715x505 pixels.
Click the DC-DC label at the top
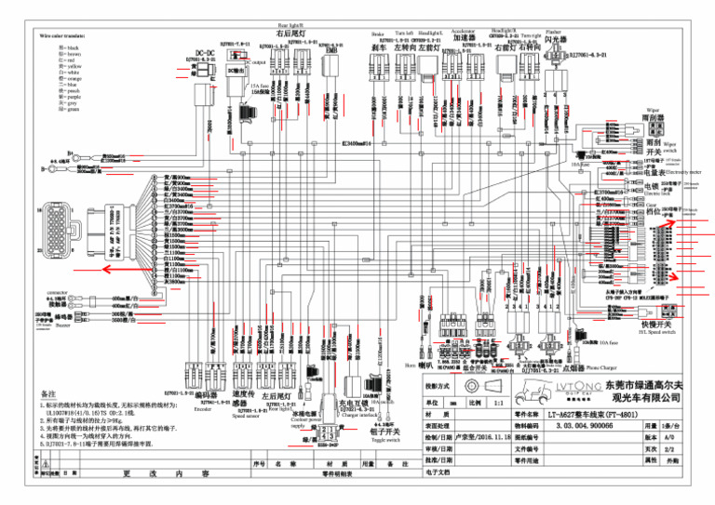(206, 53)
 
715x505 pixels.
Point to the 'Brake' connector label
(377, 33)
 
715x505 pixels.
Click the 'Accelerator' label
(463, 32)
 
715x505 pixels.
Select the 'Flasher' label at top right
(553, 31)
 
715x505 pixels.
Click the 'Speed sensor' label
(246, 416)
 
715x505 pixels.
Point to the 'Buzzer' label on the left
(63, 326)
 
